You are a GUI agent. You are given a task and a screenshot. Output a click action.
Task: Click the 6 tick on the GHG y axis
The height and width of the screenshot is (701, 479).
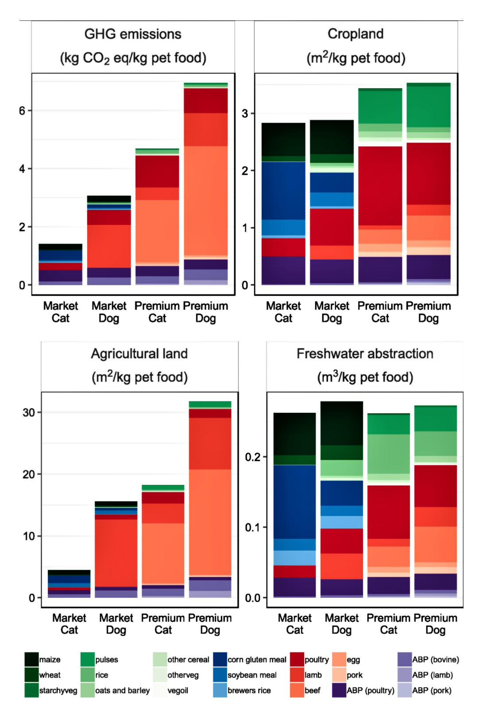pos(22,111)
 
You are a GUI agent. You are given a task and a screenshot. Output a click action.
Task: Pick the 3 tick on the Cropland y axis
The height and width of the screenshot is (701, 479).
pos(245,114)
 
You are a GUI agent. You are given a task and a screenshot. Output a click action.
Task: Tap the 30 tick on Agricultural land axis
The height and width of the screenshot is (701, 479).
pos(29,413)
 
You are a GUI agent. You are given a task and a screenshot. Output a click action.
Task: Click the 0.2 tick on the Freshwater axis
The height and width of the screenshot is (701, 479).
pos(253,457)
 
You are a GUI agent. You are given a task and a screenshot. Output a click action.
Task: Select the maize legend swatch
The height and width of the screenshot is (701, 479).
pos(31,659)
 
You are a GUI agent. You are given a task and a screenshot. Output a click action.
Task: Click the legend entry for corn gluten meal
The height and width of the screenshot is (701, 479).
pos(257,659)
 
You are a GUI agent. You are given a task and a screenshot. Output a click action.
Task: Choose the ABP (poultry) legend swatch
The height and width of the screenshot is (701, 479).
pos(340,690)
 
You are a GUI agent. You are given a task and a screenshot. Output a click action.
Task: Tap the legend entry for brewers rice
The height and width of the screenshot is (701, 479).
pos(249,690)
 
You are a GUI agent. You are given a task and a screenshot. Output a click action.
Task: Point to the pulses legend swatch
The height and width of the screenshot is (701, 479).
pos(88,659)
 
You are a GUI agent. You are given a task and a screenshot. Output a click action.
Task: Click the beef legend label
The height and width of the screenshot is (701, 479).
pos(312,690)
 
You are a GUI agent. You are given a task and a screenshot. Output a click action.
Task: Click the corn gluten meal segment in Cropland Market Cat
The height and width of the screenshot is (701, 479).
pos(283,190)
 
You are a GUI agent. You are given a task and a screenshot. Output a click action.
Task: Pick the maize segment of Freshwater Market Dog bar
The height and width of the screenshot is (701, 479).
pos(342,423)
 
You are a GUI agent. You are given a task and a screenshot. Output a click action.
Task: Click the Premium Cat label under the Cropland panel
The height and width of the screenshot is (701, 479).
pos(380,312)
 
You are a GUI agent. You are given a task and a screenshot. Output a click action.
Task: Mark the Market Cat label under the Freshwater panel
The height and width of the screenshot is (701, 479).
pos(295,624)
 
